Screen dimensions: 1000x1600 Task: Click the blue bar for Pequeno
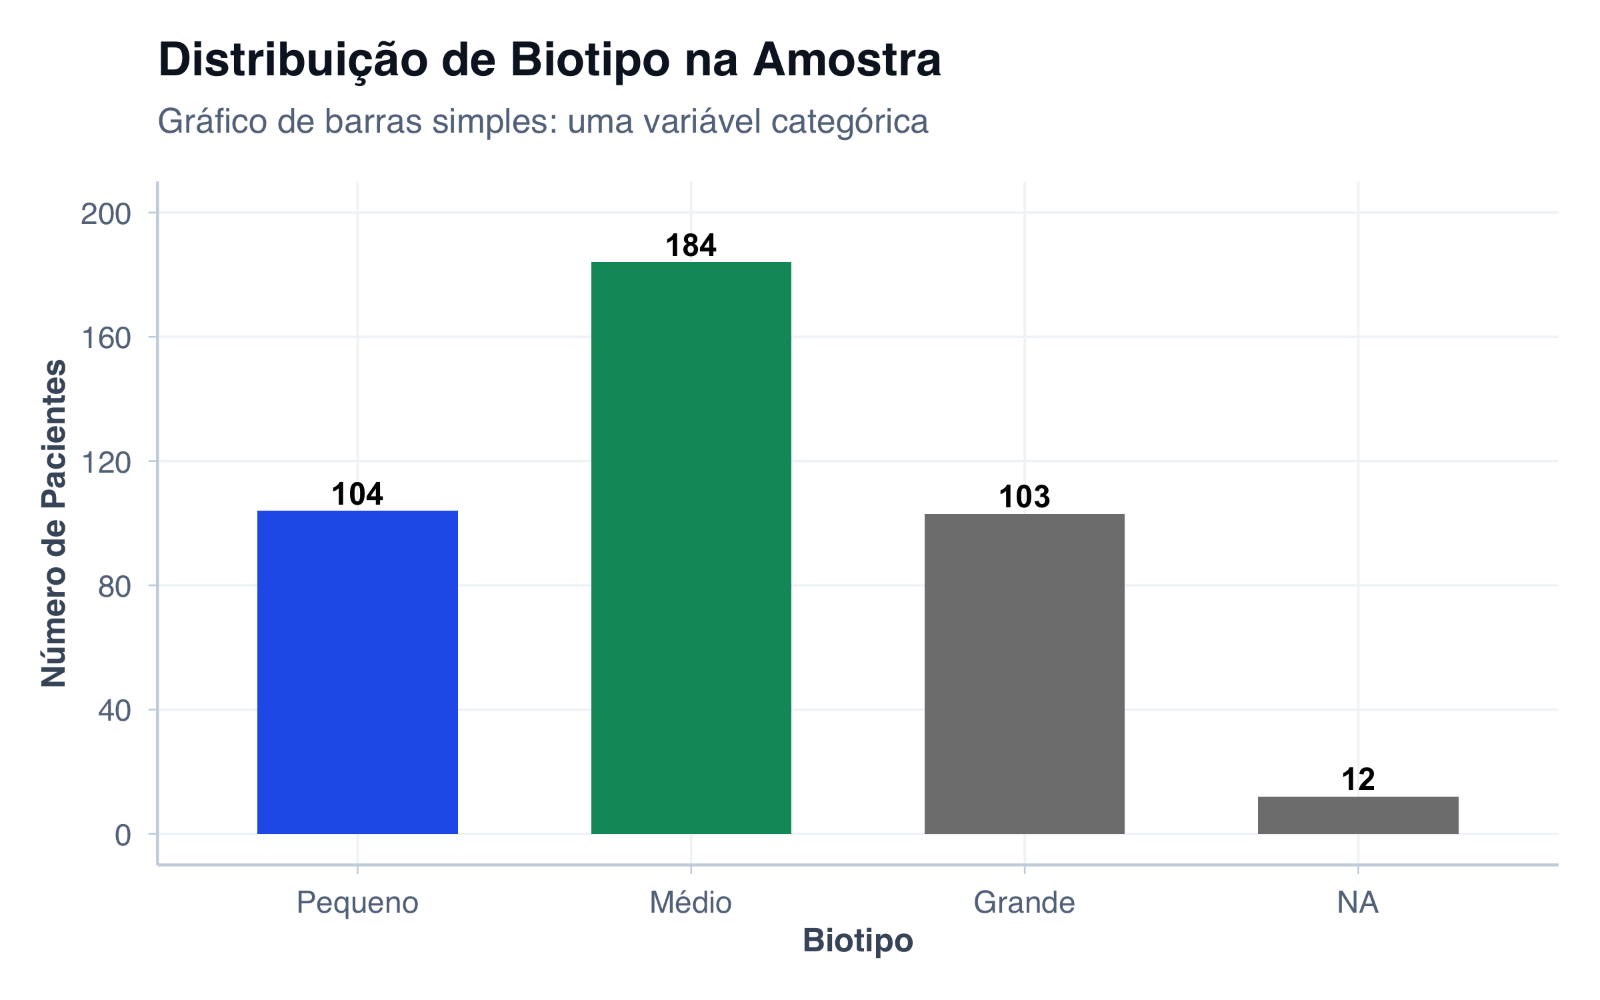[357, 672]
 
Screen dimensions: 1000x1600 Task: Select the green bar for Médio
[691, 547]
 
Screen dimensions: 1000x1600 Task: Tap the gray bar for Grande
[1024, 673]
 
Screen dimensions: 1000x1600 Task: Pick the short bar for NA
[1358, 815]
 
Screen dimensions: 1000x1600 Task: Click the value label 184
[691, 245]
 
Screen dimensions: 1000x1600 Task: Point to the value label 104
[357, 494]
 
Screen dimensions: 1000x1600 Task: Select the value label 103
[1024, 497]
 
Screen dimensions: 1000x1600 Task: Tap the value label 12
[1358, 779]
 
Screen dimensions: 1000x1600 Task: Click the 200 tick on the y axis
[106, 214]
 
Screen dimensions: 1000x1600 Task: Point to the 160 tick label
[106, 338]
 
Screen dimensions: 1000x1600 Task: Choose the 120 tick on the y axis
[106, 462]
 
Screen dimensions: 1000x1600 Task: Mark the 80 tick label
[114, 587]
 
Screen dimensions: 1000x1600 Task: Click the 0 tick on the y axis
[123, 835]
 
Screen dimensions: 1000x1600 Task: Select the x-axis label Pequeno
[357, 903]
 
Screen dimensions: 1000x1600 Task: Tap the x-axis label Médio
[691, 903]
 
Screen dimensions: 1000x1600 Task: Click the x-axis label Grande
[1024, 903]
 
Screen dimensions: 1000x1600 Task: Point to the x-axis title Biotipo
[858, 941]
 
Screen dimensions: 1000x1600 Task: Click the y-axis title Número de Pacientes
[54, 523]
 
